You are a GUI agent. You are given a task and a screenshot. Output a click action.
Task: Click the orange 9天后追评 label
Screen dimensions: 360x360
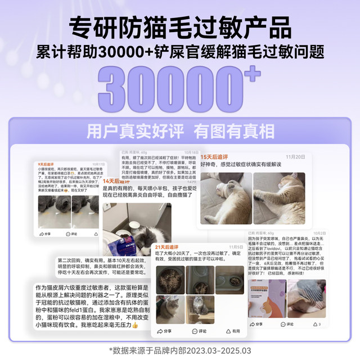(x=49, y=163)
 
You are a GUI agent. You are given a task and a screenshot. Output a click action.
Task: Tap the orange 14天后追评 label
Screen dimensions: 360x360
(x=116, y=181)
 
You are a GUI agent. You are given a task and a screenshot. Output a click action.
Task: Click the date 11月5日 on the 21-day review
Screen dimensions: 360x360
(x=236, y=247)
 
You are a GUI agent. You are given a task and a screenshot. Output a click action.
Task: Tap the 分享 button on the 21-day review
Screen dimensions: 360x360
(x=164, y=331)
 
